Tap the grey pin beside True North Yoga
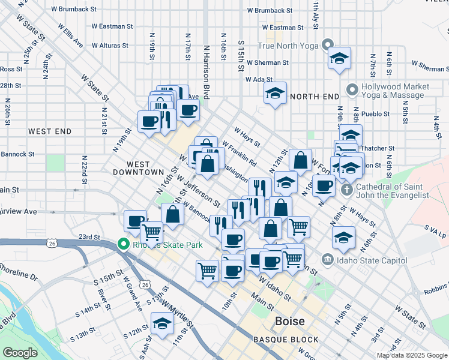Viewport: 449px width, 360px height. tap(327, 45)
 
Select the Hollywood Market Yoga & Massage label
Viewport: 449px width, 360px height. tap(395, 91)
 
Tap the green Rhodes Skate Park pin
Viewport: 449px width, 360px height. tap(123, 245)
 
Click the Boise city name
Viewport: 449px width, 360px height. tap(290, 321)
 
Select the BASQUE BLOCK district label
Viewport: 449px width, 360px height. tap(286, 340)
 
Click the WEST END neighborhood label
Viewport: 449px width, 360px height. tap(50, 131)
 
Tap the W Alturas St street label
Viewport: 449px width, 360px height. tap(110, 45)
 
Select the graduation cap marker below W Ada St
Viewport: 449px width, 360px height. tap(276, 92)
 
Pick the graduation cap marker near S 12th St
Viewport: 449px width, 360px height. tap(162, 323)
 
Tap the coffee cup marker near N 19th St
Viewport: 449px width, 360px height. tap(149, 121)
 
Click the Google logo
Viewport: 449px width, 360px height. tap(20, 353)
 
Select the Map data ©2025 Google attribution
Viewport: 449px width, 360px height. tap(412, 355)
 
